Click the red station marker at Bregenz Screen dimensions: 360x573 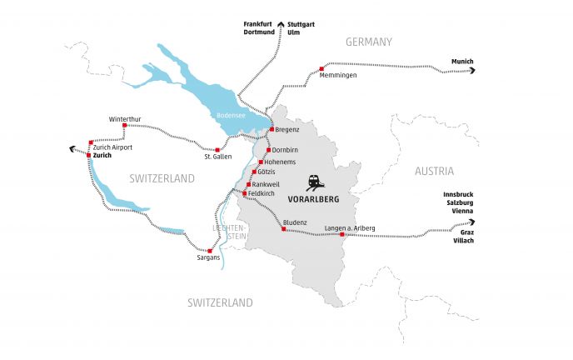pos(272,129)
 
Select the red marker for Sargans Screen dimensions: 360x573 pos(210,251)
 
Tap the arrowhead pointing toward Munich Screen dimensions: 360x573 pos(472,72)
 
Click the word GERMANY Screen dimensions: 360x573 pos(370,41)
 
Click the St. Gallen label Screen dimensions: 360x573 pos(218,157)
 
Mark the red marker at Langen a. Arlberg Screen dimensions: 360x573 pos(342,235)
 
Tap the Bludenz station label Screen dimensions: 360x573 pos(296,222)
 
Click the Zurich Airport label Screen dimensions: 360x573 pos(112,147)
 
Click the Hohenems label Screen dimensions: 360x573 pos(281,162)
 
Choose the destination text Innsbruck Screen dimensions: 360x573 pos(459,195)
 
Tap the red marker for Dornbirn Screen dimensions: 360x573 pos(268,150)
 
